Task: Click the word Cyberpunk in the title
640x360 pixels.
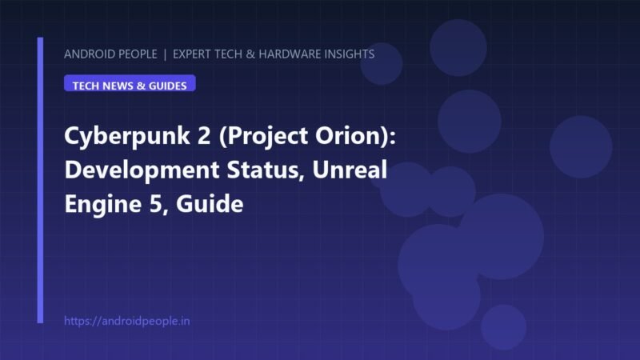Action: point(127,136)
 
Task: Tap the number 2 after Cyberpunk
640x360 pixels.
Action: point(204,135)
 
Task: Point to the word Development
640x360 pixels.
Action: point(142,170)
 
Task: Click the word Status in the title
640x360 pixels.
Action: point(266,170)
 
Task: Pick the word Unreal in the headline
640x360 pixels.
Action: point(350,170)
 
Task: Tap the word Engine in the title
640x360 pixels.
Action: point(103,205)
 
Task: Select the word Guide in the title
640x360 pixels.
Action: point(210,204)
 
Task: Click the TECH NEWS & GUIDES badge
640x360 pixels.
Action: point(130,83)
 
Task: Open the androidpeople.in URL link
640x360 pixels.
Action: point(127,321)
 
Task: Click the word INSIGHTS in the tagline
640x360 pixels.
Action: point(350,54)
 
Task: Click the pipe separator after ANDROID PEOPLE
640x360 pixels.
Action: point(165,54)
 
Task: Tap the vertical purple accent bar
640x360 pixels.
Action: point(40,180)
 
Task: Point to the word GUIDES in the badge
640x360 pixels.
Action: point(168,86)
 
